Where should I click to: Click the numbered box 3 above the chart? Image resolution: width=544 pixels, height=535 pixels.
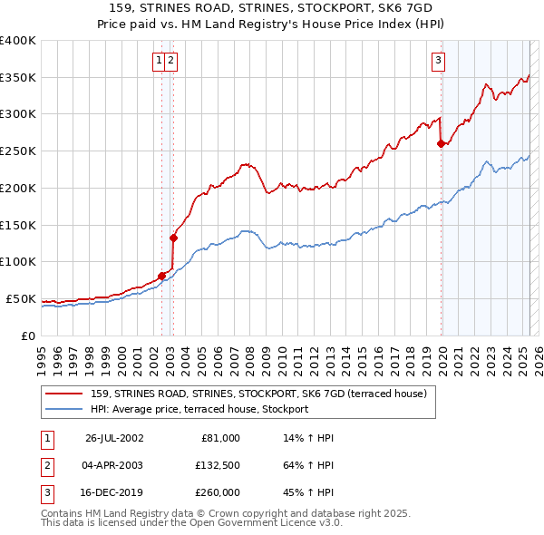[438, 61]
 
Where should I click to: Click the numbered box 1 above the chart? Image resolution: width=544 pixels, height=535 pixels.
[160, 61]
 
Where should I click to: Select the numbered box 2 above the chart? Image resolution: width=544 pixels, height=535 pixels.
[170, 61]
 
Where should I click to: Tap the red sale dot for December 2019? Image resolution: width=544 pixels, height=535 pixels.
[441, 143]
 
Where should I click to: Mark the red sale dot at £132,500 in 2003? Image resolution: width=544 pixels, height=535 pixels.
[172, 238]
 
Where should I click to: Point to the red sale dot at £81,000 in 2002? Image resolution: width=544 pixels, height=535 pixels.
[161, 276]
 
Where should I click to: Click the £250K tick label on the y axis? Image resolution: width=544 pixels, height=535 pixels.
[18, 151]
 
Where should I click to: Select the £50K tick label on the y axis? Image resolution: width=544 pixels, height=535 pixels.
[22, 298]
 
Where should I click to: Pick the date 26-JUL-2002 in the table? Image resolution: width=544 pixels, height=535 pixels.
[113, 438]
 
